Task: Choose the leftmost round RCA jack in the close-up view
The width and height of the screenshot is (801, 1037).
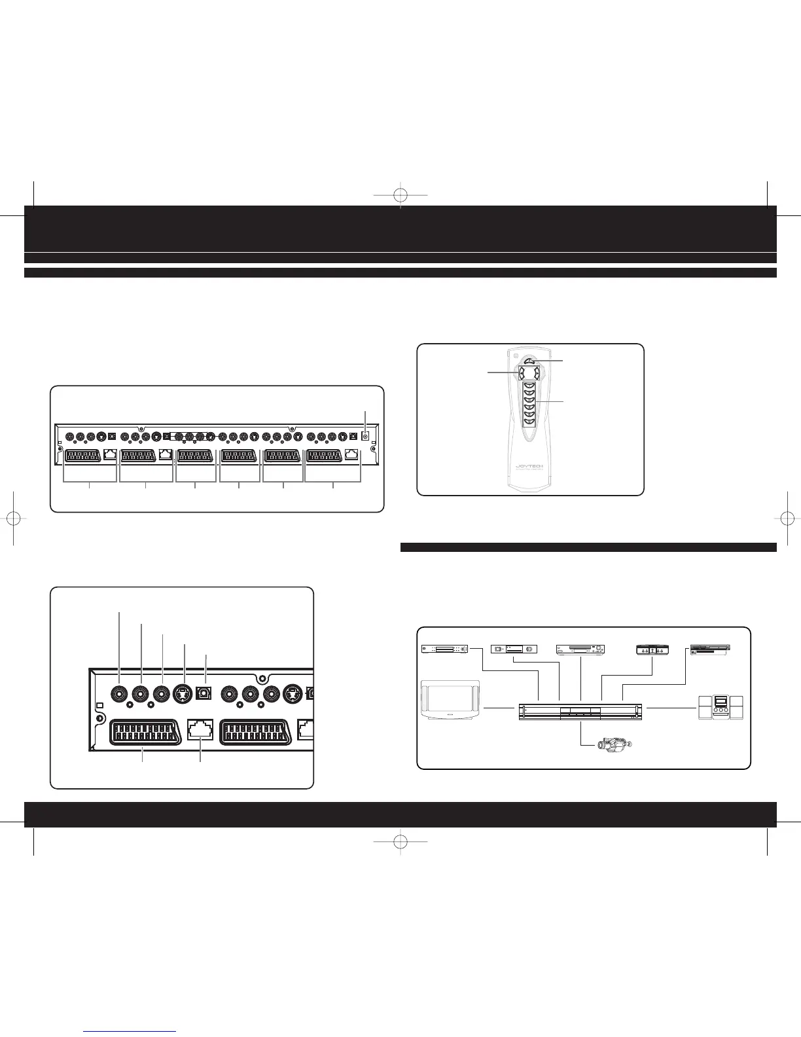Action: point(119,693)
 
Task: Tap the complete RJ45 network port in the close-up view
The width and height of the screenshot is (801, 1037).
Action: point(200,729)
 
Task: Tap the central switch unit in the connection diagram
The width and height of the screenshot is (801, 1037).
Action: point(581,712)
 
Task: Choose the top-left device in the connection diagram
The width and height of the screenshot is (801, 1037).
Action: point(444,649)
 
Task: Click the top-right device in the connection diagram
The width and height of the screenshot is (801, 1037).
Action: point(710,649)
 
